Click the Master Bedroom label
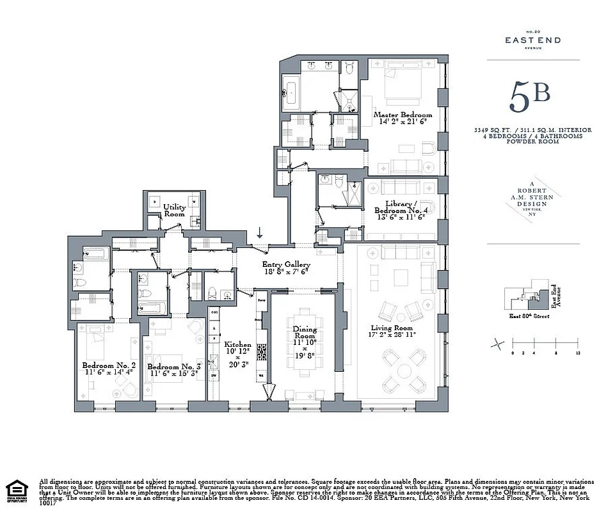403,115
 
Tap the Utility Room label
174,210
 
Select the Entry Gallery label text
286,264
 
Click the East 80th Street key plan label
529,316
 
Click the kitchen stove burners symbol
261,351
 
